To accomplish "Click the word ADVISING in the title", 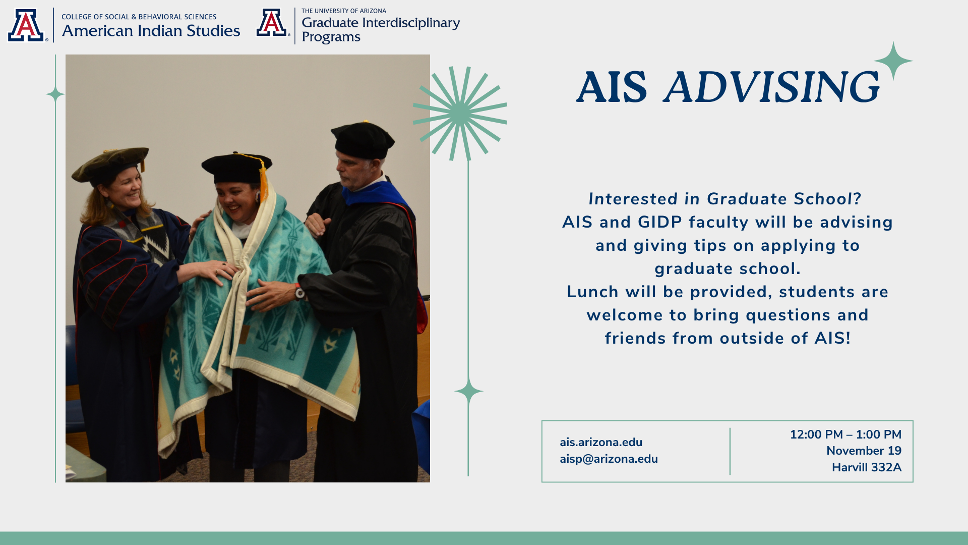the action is [x=772, y=87].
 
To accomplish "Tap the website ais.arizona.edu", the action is [x=601, y=442].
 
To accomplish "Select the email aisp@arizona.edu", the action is [x=609, y=459].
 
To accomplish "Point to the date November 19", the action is [x=864, y=451].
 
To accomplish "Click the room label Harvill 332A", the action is [x=866, y=467].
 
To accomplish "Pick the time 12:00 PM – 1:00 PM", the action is [x=845, y=434].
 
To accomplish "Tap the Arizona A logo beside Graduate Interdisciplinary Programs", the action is [x=273, y=23].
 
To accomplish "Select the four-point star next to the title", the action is [x=893, y=61].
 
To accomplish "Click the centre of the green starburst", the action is [x=460, y=114].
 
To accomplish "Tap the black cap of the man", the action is [x=362, y=140].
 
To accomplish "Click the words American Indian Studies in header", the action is [x=151, y=31].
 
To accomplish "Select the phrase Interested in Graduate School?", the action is [x=725, y=199].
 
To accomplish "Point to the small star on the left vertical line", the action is [x=55, y=94].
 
